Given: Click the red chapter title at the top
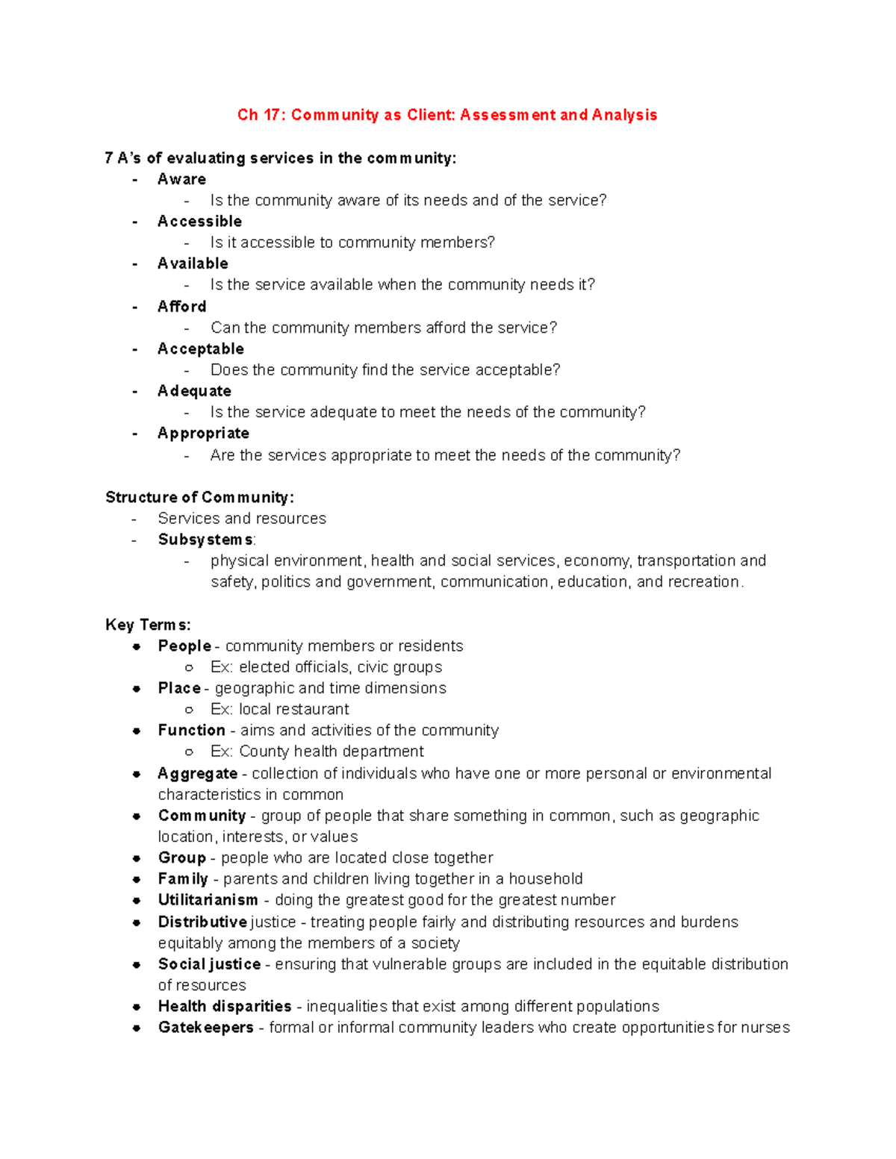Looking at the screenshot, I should coord(447,115).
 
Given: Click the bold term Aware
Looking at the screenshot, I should coord(181,179).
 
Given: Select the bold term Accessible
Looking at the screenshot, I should coord(199,222).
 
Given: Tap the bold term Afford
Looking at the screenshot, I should coord(181,307).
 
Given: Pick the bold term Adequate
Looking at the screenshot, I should coord(194,391).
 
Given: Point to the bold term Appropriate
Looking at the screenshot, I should coord(203,434).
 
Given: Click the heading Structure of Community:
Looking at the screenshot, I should coord(199,498).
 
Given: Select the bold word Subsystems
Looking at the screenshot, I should coord(205,540).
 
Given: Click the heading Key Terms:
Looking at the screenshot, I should coord(148,625).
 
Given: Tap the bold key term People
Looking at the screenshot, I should coord(184,646).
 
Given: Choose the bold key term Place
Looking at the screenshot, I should coord(179,688).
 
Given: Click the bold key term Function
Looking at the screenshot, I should coord(191,731).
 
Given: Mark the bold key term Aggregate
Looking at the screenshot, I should coord(197,774).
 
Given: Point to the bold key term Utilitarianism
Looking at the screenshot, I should coord(208,900).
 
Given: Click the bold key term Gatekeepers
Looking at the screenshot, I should coord(205,1028).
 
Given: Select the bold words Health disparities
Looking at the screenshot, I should coord(224,1007).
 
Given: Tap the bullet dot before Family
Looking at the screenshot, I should coord(137,880).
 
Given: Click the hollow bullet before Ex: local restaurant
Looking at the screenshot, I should coord(189,710).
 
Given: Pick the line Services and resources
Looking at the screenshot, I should coord(242,519).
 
